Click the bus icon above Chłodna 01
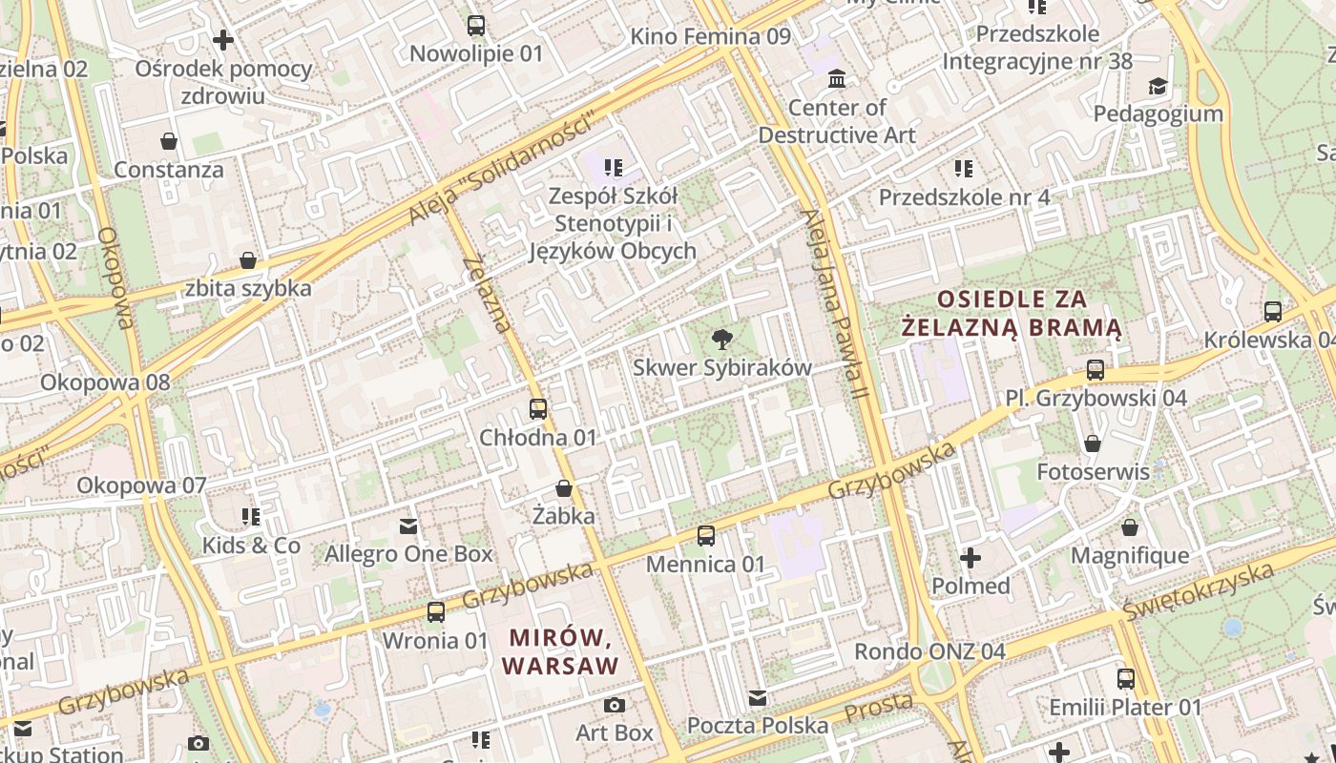[x=538, y=409]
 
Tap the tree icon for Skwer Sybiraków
[x=722, y=339]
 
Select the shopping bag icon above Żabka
[x=564, y=488]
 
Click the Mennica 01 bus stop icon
[x=706, y=536]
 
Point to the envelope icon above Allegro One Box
[x=408, y=526]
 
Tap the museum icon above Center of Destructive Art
[x=837, y=78]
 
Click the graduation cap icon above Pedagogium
[x=1158, y=86]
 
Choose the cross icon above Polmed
[x=971, y=557]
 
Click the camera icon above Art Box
[x=615, y=705]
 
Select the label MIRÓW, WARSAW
[x=562, y=650]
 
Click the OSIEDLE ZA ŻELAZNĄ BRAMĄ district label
[x=1012, y=313]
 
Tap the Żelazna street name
[x=488, y=295]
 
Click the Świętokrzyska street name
[x=1199, y=591]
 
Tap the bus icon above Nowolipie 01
[x=476, y=26]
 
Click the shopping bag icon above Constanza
[x=169, y=142]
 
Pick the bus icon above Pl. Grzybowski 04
[x=1096, y=370]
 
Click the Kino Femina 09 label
[x=711, y=36]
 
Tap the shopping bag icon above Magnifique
[x=1130, y=527]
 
